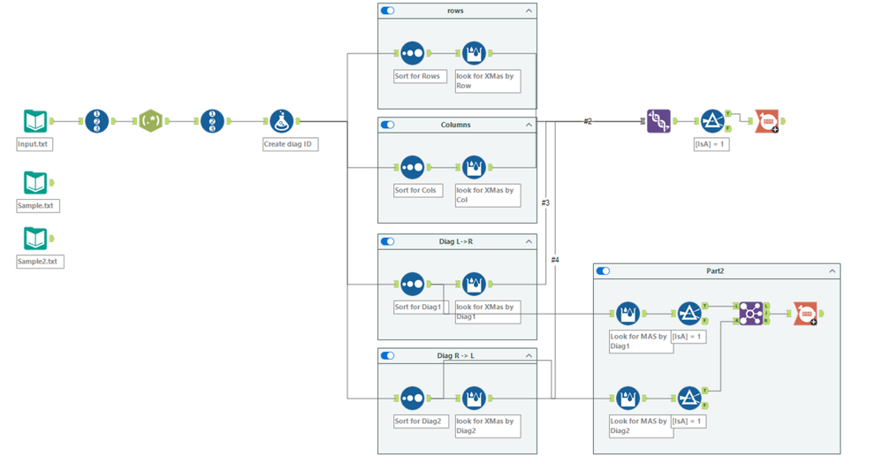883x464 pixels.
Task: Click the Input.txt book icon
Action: [35, 121]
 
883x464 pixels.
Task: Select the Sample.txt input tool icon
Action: [35, 183]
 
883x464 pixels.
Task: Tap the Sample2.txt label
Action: [40, 262]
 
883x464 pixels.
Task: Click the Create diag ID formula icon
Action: [282, 121]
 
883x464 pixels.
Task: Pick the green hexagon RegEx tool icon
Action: [151, 121]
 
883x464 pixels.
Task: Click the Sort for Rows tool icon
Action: [413, 53]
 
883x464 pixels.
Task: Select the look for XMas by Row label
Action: [487, 80]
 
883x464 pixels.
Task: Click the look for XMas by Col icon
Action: [475, 167]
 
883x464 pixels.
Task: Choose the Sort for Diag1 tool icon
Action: [413, 284]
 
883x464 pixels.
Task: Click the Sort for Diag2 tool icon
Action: [413, 398]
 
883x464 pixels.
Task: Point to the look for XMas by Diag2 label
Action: [487, 426]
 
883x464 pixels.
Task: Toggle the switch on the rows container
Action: [387, 11]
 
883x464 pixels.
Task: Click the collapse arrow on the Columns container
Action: [529, 125]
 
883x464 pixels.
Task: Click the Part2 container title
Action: [714, 271]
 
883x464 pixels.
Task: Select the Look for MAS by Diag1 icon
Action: [628, 314]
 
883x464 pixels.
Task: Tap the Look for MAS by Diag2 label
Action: [641, 426]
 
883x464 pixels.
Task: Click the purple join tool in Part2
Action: [750, 314]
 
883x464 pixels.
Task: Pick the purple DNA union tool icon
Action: [658, 121]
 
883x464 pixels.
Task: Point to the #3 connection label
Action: [545, 203]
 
